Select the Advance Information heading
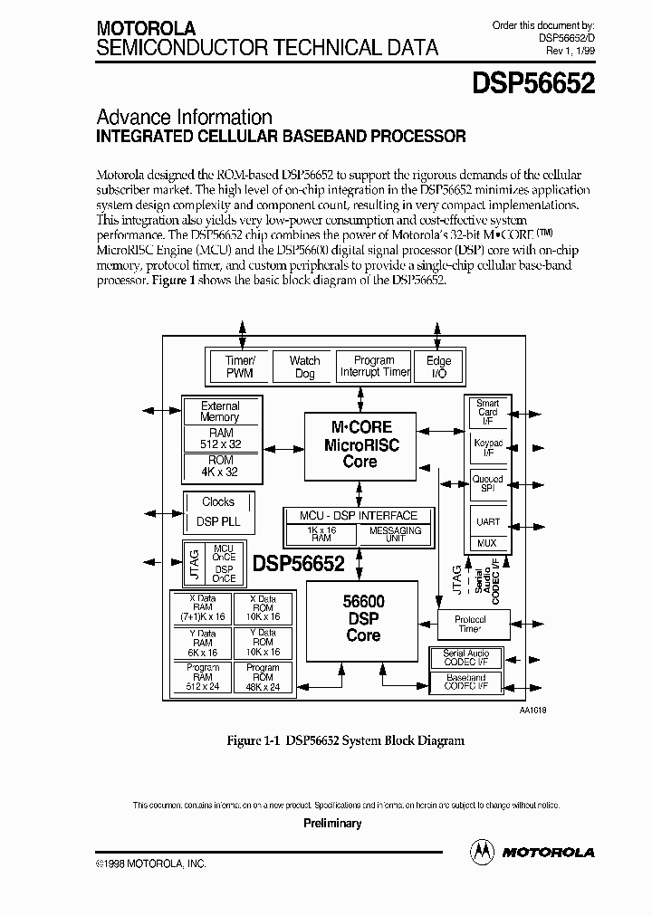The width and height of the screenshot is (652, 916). click(184, 117)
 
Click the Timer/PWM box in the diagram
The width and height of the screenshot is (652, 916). click(239, 367)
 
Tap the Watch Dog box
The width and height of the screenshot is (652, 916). click(304, 367)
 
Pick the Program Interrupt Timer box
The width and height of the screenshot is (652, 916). click(374, 367)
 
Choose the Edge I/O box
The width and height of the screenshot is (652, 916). click(438, 367)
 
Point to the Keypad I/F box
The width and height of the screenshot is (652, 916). click(487, 449)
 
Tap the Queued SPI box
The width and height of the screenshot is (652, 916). click(487, 483)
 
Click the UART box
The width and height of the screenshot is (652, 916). click(487, 521)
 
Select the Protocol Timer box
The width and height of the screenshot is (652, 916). click(470, 624)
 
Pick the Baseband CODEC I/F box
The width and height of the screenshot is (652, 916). click(465, 682)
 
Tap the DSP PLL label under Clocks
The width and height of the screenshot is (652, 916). click(217, 522)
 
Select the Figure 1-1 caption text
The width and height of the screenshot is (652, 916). click(345, 740)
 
